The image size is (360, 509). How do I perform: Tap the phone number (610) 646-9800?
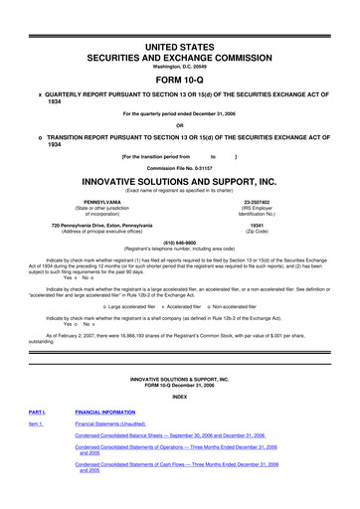(180, 240)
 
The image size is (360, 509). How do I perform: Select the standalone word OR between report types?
(180, 124)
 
